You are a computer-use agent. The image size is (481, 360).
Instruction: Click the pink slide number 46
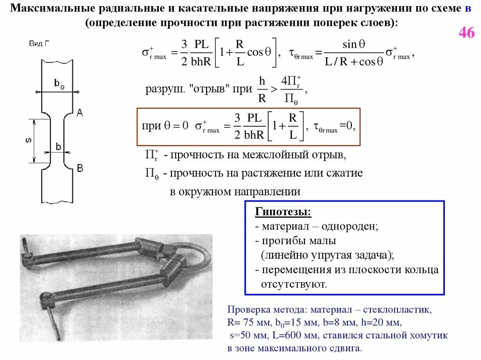click(x=466, y=34)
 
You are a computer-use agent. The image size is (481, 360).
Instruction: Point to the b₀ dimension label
click(x=59, y=84)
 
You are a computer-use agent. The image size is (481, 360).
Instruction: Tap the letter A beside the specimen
click(x=79, y=112)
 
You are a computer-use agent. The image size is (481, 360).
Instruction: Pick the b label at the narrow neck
click(x=58, y=146)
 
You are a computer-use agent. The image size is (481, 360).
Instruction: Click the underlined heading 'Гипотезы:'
click(x=283, y=212)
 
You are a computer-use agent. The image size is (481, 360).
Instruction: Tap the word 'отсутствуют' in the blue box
click(x=293, y=284)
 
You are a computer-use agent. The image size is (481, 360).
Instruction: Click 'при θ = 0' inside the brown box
click(x=165, y=126)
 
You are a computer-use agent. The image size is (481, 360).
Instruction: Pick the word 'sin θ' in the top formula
click(x=354, y=45)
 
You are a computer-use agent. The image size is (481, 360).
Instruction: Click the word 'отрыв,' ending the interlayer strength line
click(x=333, y=154)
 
